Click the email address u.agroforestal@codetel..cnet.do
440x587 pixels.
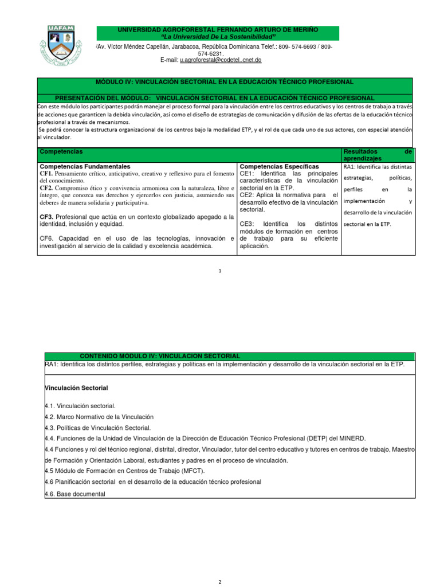tap(221, 60)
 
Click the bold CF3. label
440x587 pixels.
tap(46, 217)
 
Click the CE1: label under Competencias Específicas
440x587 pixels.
tap(249, 173)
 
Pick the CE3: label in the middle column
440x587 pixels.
tap(249, 224)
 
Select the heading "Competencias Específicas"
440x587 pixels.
tap(279, 166)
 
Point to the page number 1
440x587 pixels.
tap(219, 271)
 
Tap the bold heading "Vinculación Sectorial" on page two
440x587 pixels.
tap(76, 388)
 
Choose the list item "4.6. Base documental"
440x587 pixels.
tap(75, 494)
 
